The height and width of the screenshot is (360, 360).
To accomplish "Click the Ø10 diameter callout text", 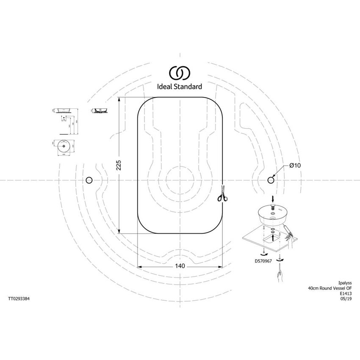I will [x=295, y=166].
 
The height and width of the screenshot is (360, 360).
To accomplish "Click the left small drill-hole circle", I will [x=89, y=180].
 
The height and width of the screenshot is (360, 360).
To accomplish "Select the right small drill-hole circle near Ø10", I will [x=271, y=180].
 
